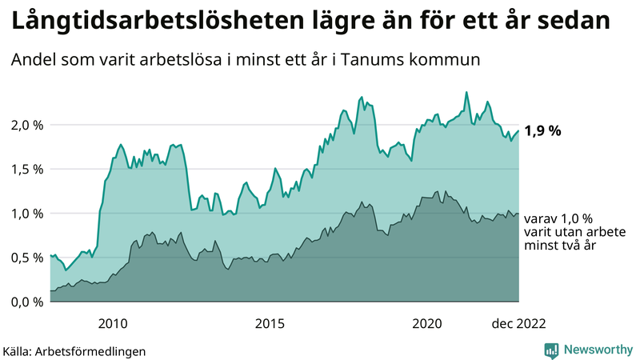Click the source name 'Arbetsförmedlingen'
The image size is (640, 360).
97,351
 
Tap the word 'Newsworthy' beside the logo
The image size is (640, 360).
598,350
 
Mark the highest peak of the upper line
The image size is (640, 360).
466,92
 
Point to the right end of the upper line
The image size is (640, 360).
519,131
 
